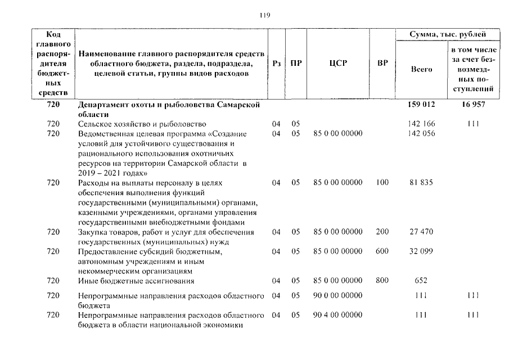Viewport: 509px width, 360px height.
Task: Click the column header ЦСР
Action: click(x=338, y=64)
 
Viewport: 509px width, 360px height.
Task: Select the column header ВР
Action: click(x=382, y=64)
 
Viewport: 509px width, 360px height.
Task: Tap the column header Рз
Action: click(x=276, y=64)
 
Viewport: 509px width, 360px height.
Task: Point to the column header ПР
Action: click(x=296, y=64)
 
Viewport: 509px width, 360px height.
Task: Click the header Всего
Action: click(x=421, y=69)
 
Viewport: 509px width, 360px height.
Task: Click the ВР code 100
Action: click(x=382, y=183)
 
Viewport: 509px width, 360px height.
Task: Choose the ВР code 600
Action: click(x=382, y=251)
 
